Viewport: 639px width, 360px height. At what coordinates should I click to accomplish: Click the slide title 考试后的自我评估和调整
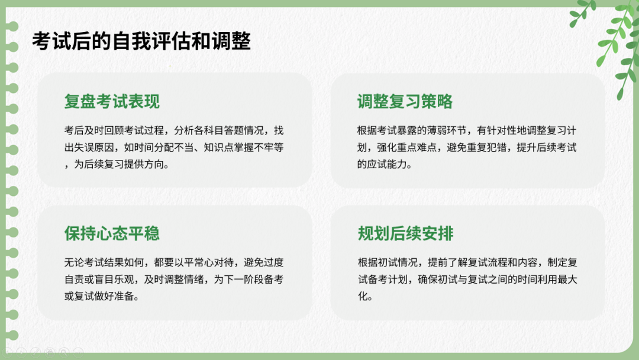[141, 41]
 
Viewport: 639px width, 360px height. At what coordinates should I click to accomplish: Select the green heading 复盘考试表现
[112, 101]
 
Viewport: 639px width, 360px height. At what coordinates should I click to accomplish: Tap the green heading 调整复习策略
[405, 101]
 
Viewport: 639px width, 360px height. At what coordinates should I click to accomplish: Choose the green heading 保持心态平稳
[112, 233]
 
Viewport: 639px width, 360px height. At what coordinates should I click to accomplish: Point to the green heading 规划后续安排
[405, 233]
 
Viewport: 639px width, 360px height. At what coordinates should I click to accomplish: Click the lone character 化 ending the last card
[363, 297]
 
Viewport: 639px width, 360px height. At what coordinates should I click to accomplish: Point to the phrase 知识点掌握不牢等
[244, 147]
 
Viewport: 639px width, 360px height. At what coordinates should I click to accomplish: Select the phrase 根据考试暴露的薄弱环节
[412, 130]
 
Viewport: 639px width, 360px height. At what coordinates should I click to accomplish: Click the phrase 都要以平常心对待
[194, 262]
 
